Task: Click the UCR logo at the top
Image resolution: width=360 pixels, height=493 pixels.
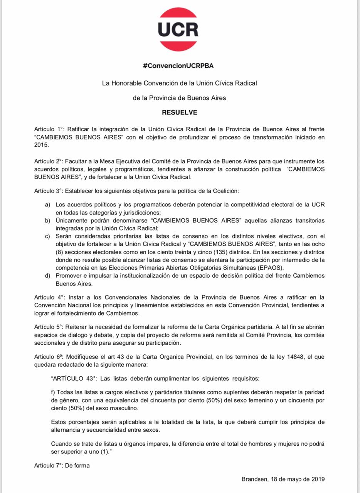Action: coord(178,30)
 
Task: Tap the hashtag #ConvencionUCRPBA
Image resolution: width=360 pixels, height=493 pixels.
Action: coord(178,66)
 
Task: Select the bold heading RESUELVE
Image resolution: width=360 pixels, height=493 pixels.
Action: coord(180,112)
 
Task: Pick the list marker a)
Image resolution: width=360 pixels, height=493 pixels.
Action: coord(48,205)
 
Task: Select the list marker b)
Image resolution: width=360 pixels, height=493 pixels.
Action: coord(48,220)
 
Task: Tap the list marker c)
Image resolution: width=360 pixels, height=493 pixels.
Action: coord(48,236)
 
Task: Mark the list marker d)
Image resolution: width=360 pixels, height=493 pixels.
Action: coord(48,275)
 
